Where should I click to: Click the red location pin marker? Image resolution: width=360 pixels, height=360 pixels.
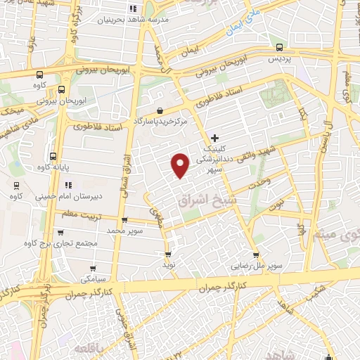(181, 165)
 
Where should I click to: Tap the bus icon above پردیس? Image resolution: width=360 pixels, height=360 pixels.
(281, 48)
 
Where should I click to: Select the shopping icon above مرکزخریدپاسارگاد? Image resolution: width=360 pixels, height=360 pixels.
(161, 110)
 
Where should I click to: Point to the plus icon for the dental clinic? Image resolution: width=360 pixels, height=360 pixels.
(214, 138)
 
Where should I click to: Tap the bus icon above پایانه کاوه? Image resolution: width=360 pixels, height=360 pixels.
(53, 156)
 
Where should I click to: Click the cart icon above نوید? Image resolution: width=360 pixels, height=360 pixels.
(167, 255)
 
